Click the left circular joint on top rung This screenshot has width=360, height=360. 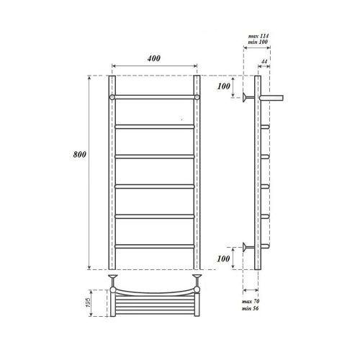pos(112,96)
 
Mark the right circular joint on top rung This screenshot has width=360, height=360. pos(197,96)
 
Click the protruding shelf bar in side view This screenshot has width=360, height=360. pos(274,96)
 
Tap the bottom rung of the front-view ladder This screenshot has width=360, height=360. pos(155,247)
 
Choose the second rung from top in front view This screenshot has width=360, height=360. pos(155,126)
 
